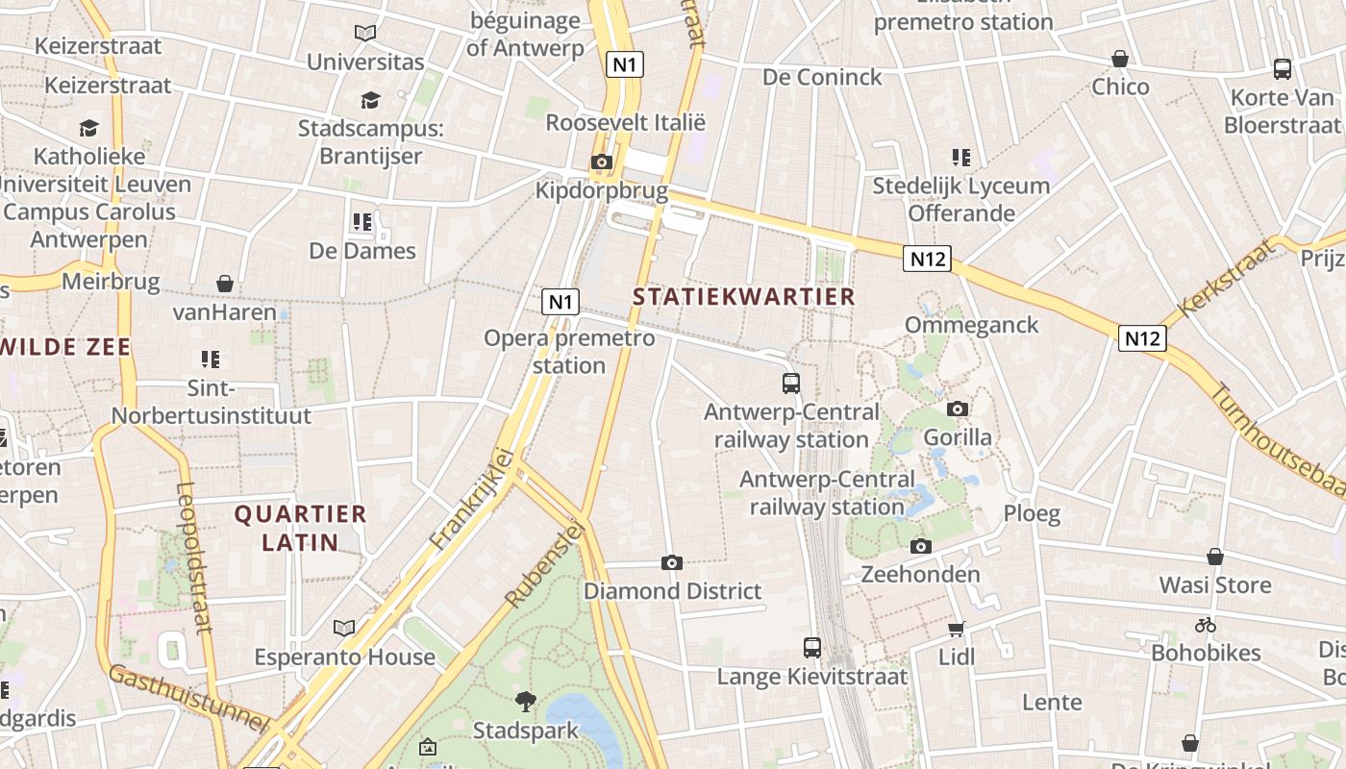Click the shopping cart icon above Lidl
956,629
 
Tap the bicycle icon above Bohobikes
1206,625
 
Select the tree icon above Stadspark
525,701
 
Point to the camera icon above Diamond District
672,562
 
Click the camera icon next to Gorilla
957,409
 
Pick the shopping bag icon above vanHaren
225,284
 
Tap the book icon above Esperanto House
344,628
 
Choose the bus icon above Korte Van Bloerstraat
1283,68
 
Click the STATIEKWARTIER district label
744,297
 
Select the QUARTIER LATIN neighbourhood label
301,528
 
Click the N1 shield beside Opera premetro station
561,302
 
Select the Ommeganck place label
971,325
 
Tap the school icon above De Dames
362,222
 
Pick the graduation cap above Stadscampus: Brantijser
370,100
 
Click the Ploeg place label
1032,513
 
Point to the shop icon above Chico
1120,59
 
